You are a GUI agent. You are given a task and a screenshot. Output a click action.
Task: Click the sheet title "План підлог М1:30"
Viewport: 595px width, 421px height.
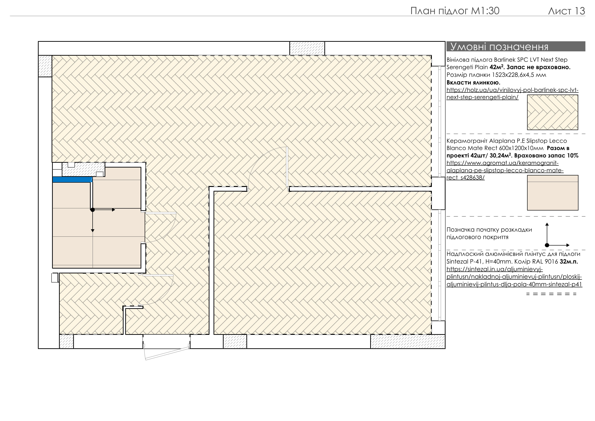(455, 11)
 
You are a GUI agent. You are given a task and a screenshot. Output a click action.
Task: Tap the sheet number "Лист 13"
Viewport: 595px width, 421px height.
(566, 11)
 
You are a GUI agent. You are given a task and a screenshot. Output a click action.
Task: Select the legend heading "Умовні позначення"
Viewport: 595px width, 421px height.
(499, 47)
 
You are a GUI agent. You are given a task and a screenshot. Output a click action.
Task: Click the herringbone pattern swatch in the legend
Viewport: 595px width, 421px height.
(553, 112)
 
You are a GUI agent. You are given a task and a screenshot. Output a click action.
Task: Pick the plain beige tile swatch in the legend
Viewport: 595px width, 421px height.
(553, 192)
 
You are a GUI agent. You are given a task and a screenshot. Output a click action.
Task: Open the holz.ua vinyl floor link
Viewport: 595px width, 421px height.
(512, 94)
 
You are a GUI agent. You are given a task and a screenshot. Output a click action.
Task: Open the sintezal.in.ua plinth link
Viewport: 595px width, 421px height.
(514, 277)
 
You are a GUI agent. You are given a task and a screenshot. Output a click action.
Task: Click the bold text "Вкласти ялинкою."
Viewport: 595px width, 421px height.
(473, 82)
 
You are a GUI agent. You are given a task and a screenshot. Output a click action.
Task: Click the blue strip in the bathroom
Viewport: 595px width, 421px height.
(72, 179)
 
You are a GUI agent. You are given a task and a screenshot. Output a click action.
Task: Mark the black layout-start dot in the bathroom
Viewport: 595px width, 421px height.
(93, 210)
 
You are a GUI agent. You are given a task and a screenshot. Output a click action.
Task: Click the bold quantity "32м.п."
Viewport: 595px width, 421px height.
(569, 262)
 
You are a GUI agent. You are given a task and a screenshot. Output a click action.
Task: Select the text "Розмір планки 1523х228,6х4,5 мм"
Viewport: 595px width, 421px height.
(496, 75)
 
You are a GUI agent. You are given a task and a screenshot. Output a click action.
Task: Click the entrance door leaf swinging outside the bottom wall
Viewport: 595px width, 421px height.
(167, 354)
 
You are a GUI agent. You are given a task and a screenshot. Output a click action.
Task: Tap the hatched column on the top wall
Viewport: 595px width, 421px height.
(307, 48)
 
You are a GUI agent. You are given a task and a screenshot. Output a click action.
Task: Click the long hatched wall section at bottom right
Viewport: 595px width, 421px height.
(408, 341)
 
